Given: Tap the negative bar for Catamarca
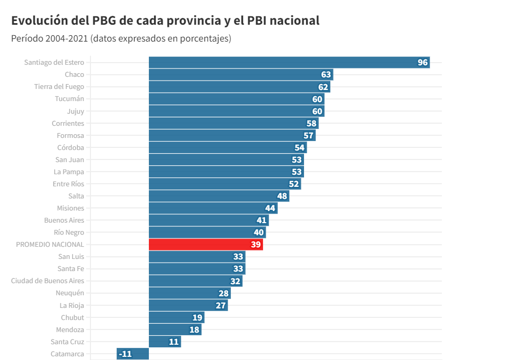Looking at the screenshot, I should coord(133,354).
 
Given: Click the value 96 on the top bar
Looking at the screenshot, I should coord(422,63).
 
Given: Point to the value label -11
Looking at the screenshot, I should coord(125,354).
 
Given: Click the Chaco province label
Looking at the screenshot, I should coord(74,75).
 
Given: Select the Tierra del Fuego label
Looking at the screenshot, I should coord(59,87).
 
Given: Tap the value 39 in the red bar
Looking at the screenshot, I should coord(256,245).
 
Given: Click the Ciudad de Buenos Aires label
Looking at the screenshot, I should coord(47,281).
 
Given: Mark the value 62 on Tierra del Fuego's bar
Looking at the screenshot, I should coord(323,87).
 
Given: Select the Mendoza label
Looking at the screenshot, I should coord(70,330).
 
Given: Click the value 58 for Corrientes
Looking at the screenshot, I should coord(311,124).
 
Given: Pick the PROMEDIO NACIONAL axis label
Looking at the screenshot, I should coord(50,245).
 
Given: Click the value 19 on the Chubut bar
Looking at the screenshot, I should coord(197,318).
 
